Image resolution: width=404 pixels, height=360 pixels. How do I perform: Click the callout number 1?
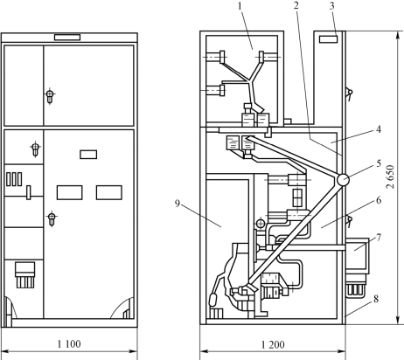[240, 6]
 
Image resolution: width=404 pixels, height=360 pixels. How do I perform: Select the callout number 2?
[296, 5]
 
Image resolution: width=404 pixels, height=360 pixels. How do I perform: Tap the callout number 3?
[331, 6]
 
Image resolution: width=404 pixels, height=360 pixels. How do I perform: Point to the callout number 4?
[379, 129]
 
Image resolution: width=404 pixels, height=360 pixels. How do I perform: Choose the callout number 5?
[379, 163]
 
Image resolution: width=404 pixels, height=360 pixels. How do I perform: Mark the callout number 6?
[379, 200]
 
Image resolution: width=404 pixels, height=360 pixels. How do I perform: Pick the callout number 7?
[379, 238]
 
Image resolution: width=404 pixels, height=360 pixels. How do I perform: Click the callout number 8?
[376, 299]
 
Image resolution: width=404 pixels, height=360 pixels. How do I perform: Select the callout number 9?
[178, 204]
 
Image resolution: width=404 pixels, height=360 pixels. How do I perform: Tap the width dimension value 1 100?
[69, 344]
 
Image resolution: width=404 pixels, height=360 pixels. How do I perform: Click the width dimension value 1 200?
[273, 345]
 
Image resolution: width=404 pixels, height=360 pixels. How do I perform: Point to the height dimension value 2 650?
[390, 177]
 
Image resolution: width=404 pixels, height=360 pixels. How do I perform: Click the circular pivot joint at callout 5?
[343, 180]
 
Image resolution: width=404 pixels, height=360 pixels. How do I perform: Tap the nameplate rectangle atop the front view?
[67, 38]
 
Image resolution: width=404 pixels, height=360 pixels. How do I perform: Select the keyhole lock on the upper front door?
[50, 96]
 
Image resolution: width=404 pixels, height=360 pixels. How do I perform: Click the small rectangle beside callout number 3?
[329, 39]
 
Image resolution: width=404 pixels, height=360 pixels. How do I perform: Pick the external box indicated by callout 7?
[357, 254]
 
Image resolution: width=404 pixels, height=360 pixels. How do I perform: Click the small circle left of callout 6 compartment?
[260, 224]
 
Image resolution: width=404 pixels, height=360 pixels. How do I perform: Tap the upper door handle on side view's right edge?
[349, 93]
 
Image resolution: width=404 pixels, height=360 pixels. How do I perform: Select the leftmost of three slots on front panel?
[9, 179]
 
